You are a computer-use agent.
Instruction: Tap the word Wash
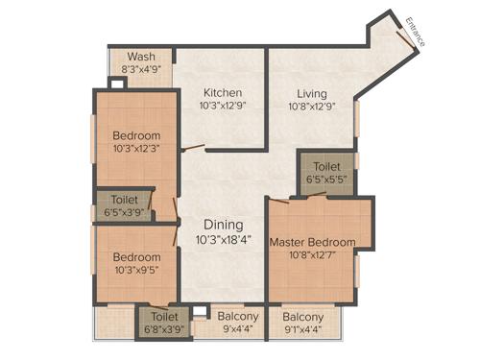tap(139, 56)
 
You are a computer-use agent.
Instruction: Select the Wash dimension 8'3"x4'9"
tap(139, 69)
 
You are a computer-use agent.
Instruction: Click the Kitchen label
tap(222, 93)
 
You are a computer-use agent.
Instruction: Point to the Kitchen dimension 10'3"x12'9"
tap(222, 108)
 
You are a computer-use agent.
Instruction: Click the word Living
tap(312, 93)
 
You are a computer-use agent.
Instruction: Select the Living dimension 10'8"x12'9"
tap(312, 108)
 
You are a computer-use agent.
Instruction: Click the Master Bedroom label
tap(312, 242)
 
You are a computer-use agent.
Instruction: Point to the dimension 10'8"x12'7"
tap(312, 255)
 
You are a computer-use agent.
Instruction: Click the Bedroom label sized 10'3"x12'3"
tap(135, 135)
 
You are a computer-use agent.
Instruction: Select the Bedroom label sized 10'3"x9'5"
tap(135, 257)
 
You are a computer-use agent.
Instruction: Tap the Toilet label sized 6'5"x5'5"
tap(325, 165)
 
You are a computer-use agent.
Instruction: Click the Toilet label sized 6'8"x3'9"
tap(165, 315)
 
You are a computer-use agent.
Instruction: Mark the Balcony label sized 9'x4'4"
tap(237, 316)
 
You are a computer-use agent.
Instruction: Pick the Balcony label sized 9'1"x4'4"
tap(303, 316)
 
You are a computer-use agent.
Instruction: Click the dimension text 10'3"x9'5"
tap(135, 272)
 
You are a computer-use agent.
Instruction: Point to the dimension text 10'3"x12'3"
tap(135, 150)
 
